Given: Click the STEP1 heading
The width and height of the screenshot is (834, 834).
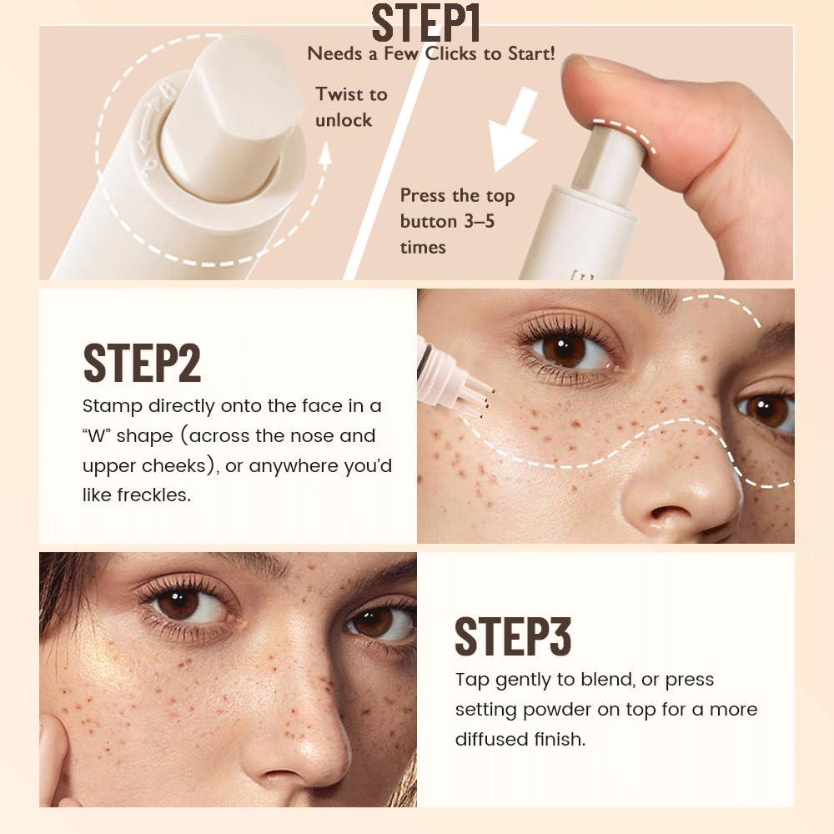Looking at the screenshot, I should [425, 23].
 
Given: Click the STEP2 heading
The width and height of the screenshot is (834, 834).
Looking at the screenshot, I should [142, 361].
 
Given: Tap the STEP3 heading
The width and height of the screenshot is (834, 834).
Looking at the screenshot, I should [513, 636].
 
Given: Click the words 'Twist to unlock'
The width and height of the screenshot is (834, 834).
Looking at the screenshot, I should [351, 107].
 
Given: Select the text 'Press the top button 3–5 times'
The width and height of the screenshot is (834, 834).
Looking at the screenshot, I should [457, 221].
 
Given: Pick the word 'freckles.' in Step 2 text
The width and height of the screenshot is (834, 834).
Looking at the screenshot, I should [137, 495].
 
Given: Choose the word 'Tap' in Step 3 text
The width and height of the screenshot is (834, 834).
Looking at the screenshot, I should [472, 680].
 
